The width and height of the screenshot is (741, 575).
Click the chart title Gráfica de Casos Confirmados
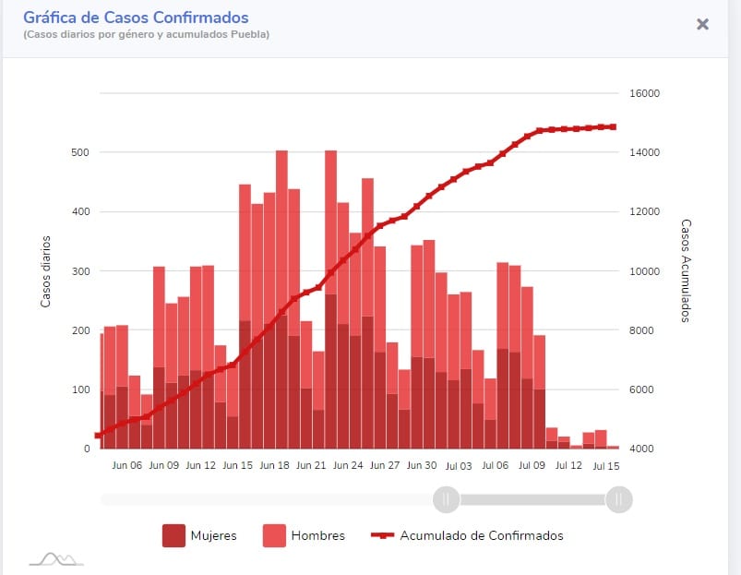click(x=136, y=18)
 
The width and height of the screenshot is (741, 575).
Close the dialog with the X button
click(x=702, y=24)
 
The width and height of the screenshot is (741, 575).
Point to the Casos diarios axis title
click(x=45, y=271)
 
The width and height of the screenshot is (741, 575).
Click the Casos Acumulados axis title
click(x=686, y=270)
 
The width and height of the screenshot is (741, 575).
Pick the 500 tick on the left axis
click(x=81, y=152)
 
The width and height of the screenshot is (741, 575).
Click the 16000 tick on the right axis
click(x=644, y=93)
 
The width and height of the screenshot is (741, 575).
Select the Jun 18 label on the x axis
click(x=274, y=466)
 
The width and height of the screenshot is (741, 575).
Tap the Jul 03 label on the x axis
click(x=459, y=466)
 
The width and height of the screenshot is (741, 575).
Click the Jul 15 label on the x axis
click(x=606, y=466)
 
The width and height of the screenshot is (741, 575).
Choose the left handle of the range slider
click(x=446, y=499)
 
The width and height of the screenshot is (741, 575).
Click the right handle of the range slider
click(x=618, y=499)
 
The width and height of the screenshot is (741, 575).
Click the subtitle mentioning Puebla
click(x=147, y=35)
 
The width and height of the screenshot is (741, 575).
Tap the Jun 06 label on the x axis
click(x=126, y=466)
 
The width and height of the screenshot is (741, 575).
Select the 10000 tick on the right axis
click(x=644, y=271)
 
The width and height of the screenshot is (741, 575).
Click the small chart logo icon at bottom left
click(x=55, y=557)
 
